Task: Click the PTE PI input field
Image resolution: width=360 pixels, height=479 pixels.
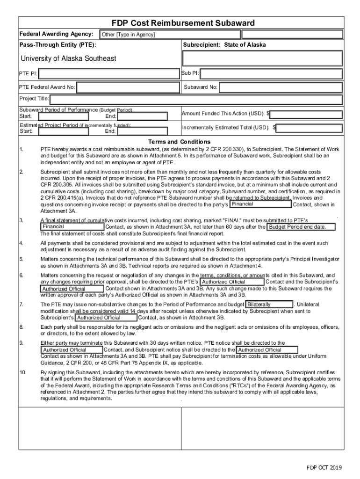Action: tap(108, 73)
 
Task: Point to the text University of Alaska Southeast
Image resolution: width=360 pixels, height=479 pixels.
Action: tap(68, 58)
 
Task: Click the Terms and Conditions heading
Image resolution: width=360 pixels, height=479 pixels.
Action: tap(179, 142)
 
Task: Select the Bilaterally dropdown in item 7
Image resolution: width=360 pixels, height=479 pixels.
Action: tap(269, 305)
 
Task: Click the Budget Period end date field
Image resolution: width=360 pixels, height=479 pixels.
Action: tap(302, 227)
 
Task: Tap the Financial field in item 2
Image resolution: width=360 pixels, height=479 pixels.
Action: tap(261, 204)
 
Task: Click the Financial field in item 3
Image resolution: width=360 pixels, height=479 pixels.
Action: tap(71, 227)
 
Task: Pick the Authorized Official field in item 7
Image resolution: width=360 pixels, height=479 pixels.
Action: tap(106, 318)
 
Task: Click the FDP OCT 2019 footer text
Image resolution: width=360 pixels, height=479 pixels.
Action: tap(324, 468)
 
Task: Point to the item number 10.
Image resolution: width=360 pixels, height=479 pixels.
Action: tap(23, 372)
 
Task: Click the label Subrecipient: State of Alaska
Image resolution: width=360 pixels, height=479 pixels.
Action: tap(224, 45)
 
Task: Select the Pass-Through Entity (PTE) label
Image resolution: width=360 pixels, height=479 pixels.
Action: tap(58, 45)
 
